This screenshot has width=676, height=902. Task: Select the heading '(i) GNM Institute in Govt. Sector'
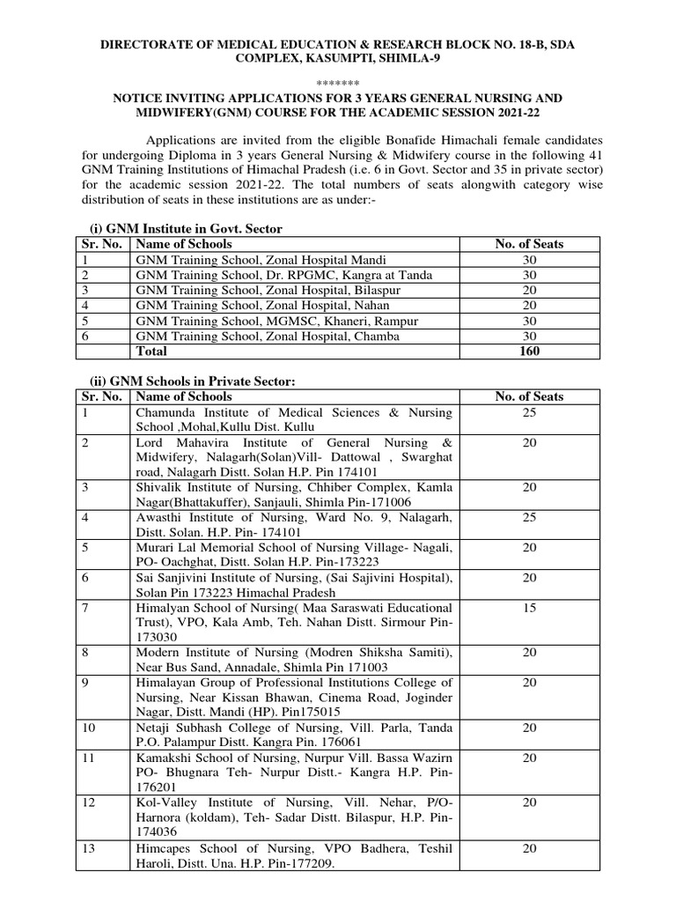(x=187, y=229)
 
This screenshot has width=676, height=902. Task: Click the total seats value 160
(x=529, y=351)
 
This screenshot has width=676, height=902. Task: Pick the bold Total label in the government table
(x=151, y=351)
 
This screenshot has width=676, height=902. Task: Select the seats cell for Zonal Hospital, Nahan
(x=529, y=306)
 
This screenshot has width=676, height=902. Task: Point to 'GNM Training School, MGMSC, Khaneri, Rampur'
(x=276, y=321)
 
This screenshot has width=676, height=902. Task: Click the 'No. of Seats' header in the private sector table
(x=529, y=396)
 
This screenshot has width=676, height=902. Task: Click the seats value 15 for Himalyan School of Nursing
(x=529, y=609)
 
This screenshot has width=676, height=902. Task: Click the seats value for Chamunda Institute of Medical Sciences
(x=529, y=412)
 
